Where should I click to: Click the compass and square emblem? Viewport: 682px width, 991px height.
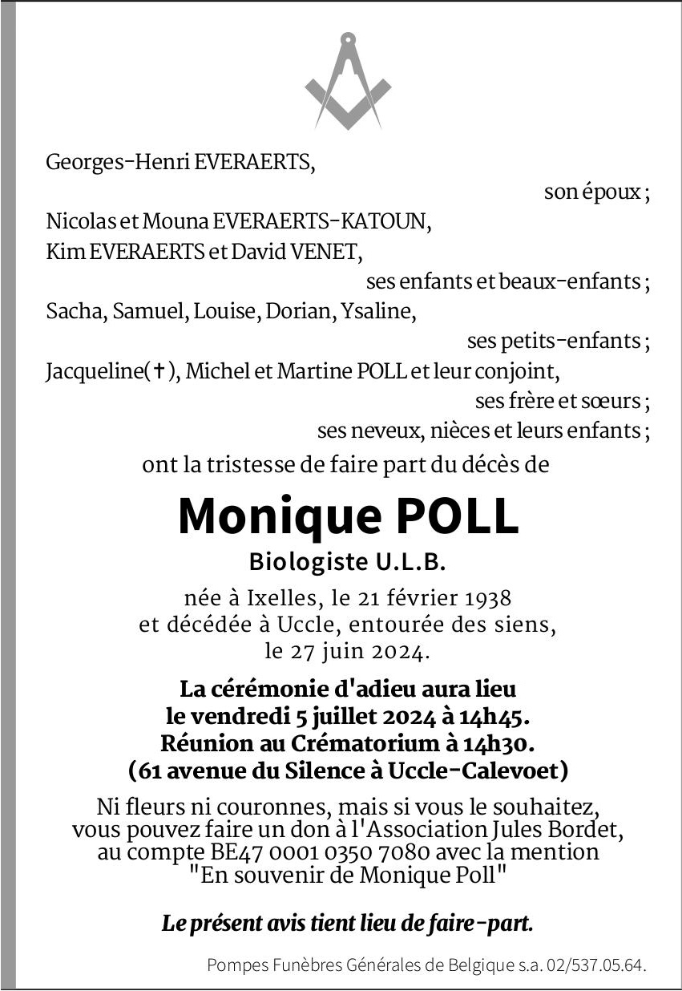coord(348,82)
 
